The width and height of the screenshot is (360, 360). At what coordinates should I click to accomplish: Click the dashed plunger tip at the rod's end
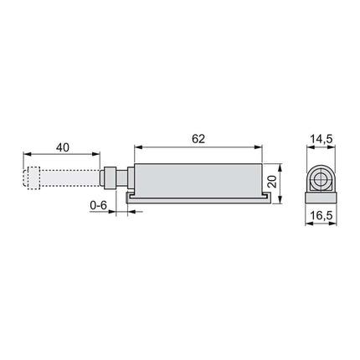[x=33, y=178]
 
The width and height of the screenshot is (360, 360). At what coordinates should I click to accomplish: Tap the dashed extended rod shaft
[x=71, y=178]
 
